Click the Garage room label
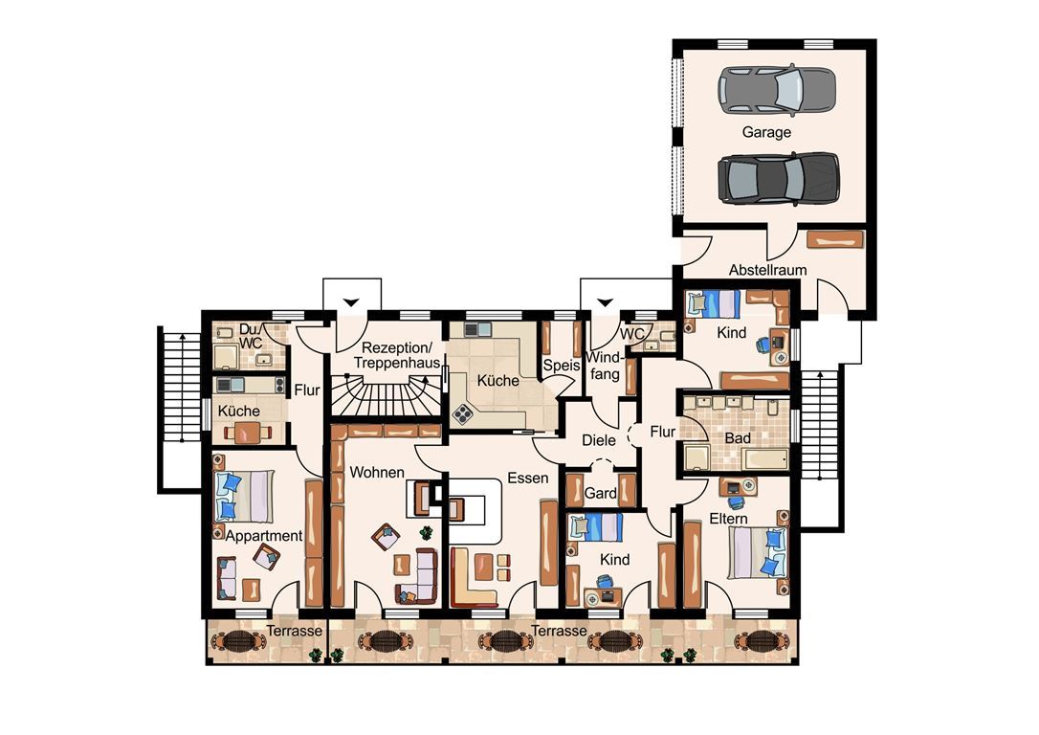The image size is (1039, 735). pyautogui.click(x=766, y=132)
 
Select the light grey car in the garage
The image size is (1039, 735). pyautogui.click(x=777, y=91)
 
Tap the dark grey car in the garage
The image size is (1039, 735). pyautogui.click(x=778, y=178)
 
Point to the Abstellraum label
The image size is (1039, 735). pyautogui.click(x=767, y=270)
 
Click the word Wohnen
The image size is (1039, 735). pyautogui.click(x=376, y=473)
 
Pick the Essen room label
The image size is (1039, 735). pyautogui.click(x=527, y=478)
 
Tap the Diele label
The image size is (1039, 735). pyautogui.click(x=598, y=440)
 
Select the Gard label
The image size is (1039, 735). pyautogui.click(x=600, y=493)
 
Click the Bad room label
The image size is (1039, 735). pyautogui.click(x=738, y=438)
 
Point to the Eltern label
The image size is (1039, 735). pyautogui.click(x=728, y=519)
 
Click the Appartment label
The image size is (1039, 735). pyautogui.click(x=264, y=536)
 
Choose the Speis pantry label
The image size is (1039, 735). pyautogui.click(x=562, y=366)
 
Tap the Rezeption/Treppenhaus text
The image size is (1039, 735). pyautogui.click(x=396, y=355)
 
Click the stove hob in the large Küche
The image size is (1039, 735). pyautogui.click(x=462, y=415)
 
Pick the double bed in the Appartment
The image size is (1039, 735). pyautogui.click(x=244, y=497)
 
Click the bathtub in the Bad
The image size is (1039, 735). pyautogui.click(x=766, y=459)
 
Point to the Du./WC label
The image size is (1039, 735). pyautogui.click(x=251, y=336)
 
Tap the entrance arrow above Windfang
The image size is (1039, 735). pyautogui.click(x=605, y=302)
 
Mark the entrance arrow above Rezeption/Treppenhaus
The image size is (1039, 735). pyautogui.click(x=351, y=302)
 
